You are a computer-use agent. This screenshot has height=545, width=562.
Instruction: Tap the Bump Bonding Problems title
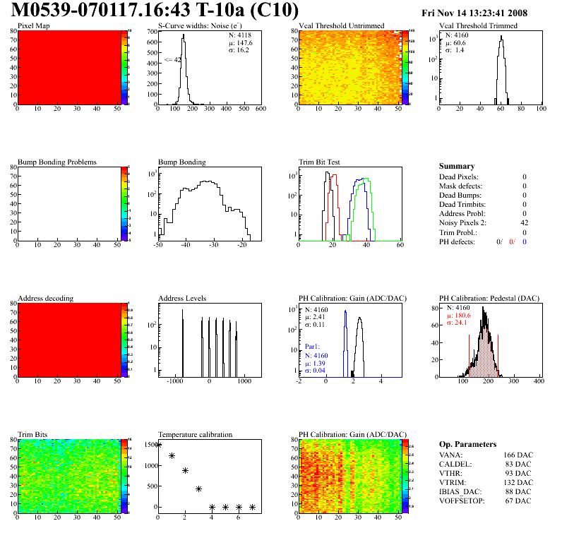tap(56, 162)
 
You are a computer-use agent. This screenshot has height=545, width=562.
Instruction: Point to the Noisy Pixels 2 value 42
tap(524, 222)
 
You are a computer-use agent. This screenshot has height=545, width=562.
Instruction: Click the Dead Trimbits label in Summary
tap(462, 204)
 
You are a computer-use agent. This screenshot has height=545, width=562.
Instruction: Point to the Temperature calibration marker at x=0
tap(158, 445)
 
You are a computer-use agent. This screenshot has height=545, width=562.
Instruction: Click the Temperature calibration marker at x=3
tap(199, 489)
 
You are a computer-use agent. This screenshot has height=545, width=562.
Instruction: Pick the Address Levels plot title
tap(182, 298)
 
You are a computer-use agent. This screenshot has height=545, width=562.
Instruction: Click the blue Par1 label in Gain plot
tap(313, 347)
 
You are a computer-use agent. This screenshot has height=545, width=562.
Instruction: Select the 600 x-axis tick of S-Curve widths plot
tap(261, 109)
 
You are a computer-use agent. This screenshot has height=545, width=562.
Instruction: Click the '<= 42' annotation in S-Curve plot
tap(173, 60)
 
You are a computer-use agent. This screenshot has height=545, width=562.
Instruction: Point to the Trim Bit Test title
tap(319, 162)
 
